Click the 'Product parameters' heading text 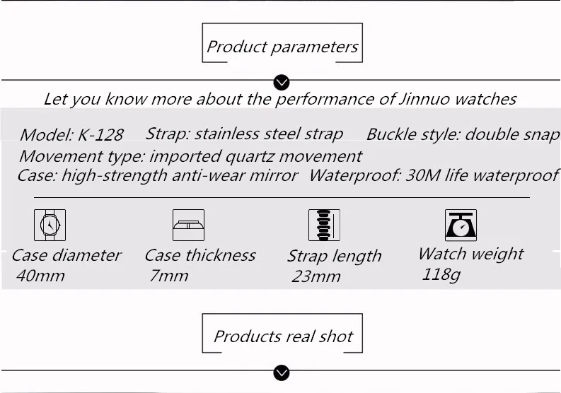(282, 47)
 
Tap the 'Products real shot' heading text (283, 336)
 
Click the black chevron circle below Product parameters (282, 83)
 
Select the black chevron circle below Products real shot (282, 373)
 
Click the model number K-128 (100, 135)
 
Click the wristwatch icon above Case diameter (50, 225)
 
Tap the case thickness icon (189, 225)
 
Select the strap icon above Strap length (324, 225)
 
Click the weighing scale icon (461, 225)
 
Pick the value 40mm (40, 276)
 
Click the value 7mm (169, 276)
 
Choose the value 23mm (316, 276)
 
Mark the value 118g (441, 275)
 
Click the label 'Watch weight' (471, 254)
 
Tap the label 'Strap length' (335, 257)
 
